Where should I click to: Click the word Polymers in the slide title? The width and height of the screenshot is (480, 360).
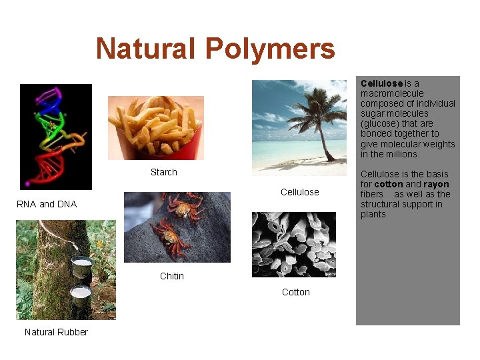[x=270, y=49]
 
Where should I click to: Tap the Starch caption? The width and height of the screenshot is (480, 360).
[x=163, y=172]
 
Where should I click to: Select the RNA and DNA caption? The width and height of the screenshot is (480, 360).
[x=47, y=204]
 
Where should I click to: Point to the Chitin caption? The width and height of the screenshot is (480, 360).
[x=171, y=276]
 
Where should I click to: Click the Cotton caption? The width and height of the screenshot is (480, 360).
[x=295, y=292]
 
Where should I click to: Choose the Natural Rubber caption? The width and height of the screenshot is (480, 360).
[x=56, y=332]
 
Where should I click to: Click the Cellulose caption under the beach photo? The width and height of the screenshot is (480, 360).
[x=299, y=192]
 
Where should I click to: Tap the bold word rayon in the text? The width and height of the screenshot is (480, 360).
[x=436, y=184]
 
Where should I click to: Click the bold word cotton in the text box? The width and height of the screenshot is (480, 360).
[x=389, y=184]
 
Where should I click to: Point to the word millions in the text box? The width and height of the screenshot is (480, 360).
[x=403, y=154]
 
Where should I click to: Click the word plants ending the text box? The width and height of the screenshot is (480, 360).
[x=373, y=214]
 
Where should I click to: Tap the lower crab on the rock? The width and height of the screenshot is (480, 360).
[x=171, y=237]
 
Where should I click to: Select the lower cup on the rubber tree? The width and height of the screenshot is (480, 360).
[x=81, y=295]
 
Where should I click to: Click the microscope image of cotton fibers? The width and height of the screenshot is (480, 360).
[x=293, y=244]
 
